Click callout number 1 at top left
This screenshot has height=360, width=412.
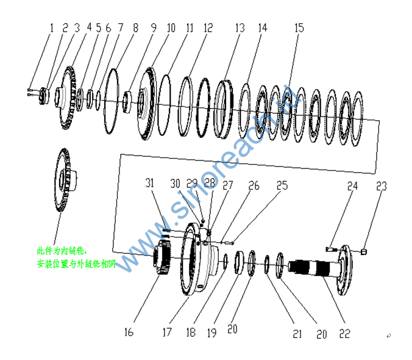[52, 27]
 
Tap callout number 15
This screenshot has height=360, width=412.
[299, 27]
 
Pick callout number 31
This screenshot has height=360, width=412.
[151, 182]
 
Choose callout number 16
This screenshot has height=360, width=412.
[129, 332]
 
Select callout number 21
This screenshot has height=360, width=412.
[297, 333]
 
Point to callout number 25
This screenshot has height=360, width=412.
[282, 184]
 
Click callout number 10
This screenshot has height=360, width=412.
[171, 27]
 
